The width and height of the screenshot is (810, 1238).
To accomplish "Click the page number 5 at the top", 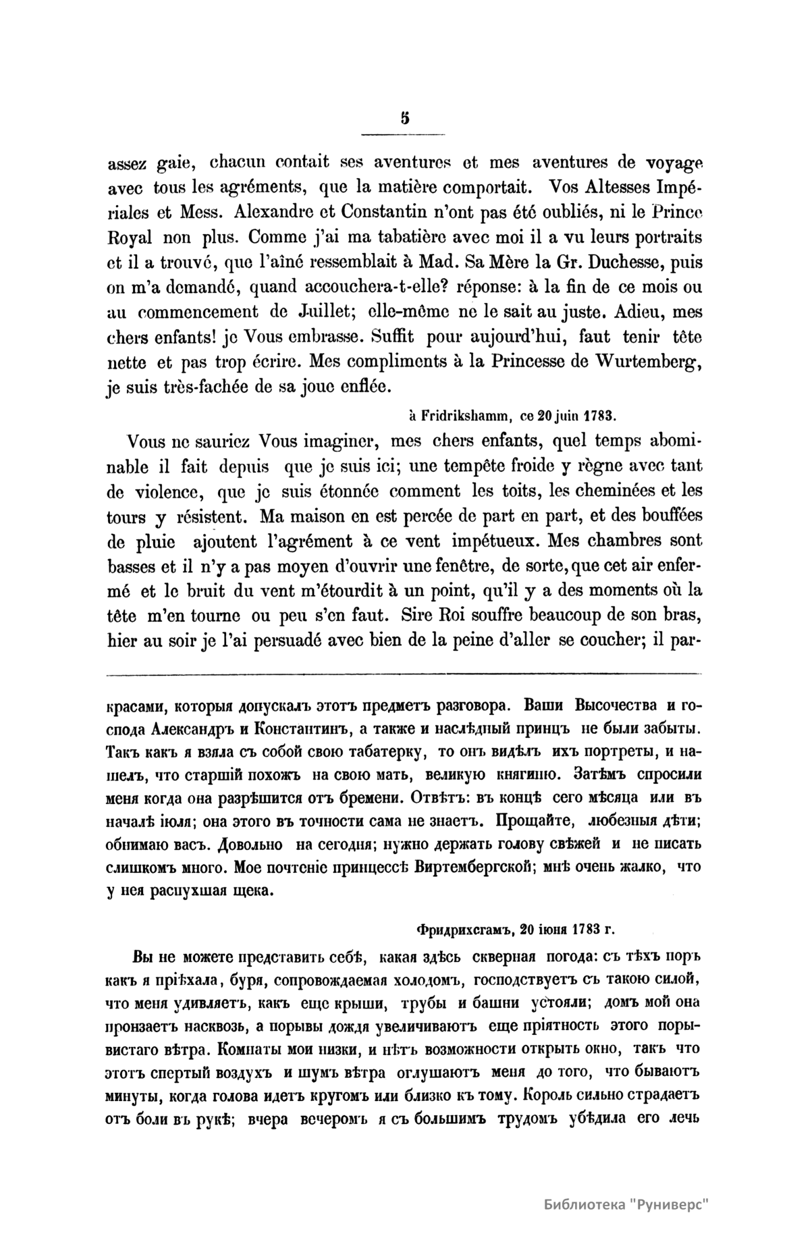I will (404, 118).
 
